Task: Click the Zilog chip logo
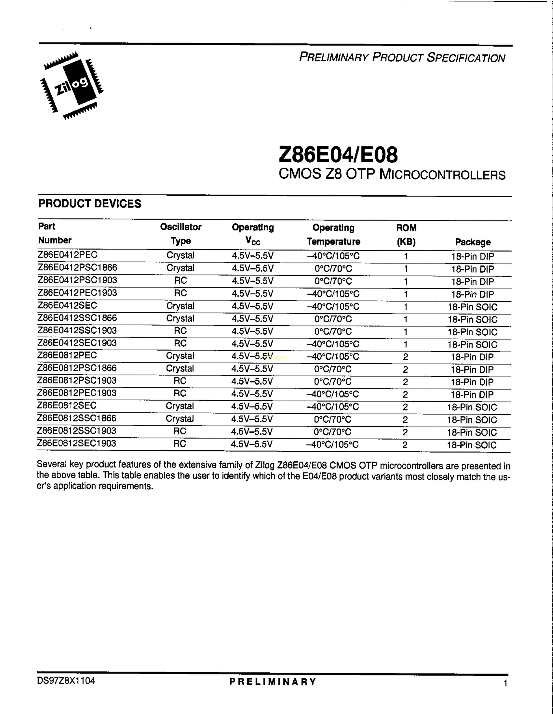(71, 86)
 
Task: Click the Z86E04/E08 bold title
(338, 155)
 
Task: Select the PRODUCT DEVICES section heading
(90, 204)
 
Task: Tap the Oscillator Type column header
(181, 234)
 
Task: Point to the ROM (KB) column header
(406, 235)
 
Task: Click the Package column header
(473, 242)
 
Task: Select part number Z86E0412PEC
(68, 255)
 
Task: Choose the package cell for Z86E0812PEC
(472, 357)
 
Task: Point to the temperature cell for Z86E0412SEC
(333, 307)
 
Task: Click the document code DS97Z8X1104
(66, 681)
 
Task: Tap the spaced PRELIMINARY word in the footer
(273, 682)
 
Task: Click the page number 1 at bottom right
(506, 683)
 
